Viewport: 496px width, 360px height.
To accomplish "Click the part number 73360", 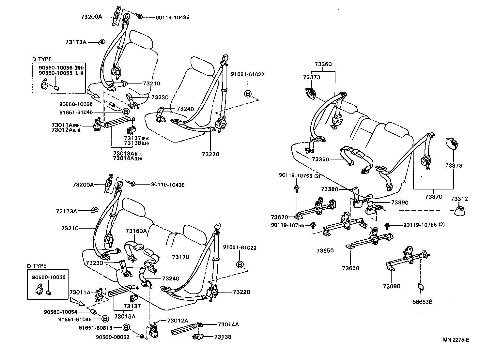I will point(323,64).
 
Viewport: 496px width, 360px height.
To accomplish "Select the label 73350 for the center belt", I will point(320,159).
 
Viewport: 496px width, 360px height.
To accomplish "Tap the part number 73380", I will point(329,189).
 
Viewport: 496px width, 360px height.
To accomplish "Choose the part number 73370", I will point(434,197).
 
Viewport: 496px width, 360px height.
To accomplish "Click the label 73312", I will point(459,199).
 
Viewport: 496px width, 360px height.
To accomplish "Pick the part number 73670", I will point(279,217).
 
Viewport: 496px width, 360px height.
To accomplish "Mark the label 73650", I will point(325,250).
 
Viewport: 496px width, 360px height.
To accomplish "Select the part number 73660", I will point(350,268).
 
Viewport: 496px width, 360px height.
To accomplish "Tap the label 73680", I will point(392,286).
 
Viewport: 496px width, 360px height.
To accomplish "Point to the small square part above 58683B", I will point(421,287).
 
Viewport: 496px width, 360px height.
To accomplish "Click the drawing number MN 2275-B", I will point(456,340).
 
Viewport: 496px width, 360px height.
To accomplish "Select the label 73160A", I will point(136,231).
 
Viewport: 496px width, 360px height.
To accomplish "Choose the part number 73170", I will point(180,257).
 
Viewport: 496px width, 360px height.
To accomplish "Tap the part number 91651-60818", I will point(96,327).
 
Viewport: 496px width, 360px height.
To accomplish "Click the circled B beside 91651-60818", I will point(127,327).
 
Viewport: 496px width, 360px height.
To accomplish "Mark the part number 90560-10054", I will point(61,312).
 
